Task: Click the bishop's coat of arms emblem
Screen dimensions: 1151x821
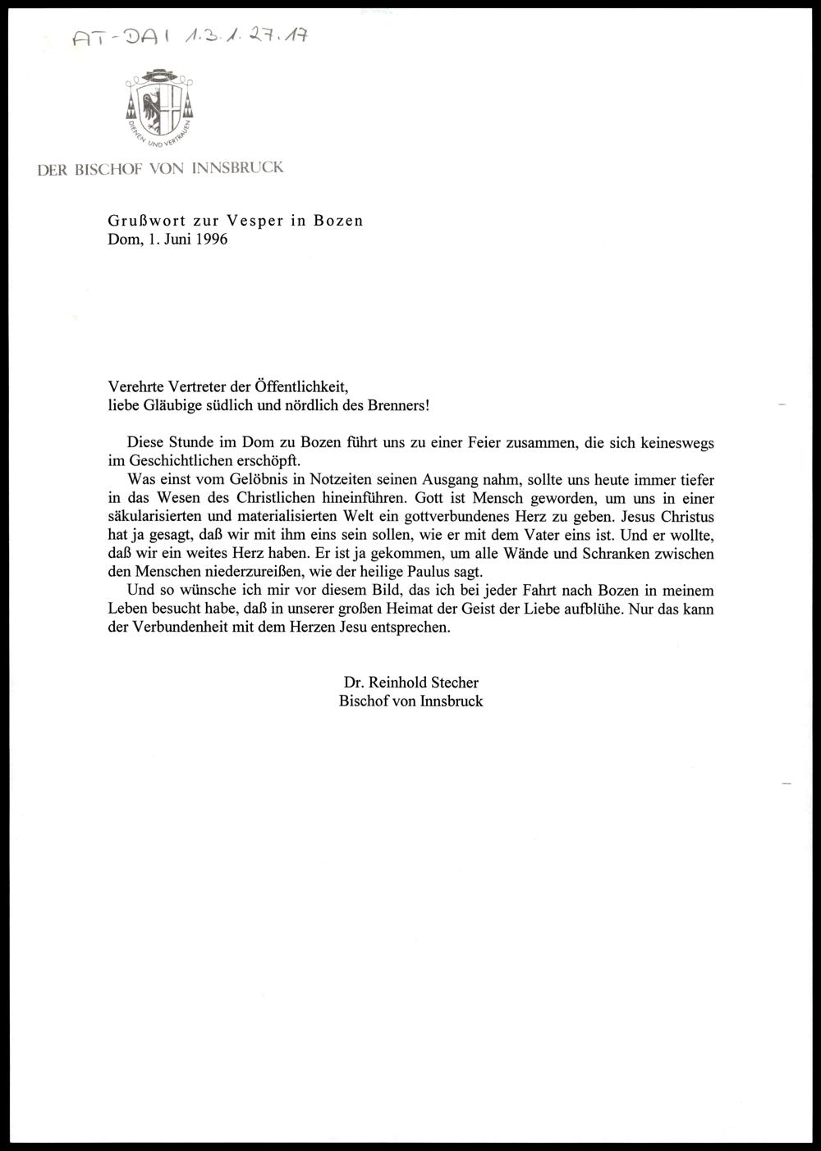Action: (x=160, y=107)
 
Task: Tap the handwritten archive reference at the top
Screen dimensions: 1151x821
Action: (x=189, y=35)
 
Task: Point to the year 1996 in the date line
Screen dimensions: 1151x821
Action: (x=211, y=240)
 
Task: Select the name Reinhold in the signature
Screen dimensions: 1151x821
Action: (x=399, y=682)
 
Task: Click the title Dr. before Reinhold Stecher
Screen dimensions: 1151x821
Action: (x=355, y=682)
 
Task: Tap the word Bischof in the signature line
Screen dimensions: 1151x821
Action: (x=365, y=701)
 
